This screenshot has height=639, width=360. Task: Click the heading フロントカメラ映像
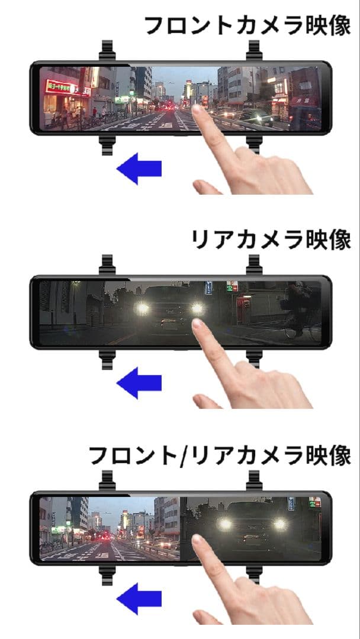pos(247,25)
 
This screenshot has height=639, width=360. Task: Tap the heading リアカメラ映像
pos(271,240)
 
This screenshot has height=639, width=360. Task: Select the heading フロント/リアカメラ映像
pos(220,456)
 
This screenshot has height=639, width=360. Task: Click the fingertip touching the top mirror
pos(198,112)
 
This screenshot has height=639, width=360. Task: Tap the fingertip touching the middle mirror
pos(198,326)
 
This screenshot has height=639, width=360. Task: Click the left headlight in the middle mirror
pos(142,308)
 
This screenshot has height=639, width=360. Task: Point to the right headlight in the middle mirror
pos(197,308)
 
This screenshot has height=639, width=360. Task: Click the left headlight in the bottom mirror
pos(224,524)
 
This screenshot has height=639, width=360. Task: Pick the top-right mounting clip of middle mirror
pos(255,264)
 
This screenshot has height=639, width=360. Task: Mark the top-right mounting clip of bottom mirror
pos(255,480)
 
